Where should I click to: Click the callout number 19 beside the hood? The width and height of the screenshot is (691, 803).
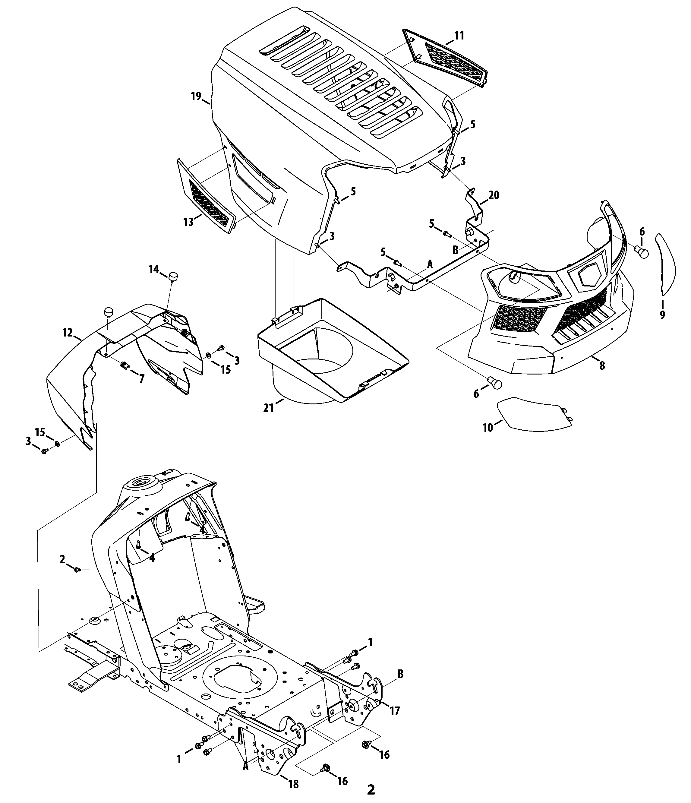(x=196, y=96)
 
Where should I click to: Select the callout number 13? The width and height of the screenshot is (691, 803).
(x=188, y=222)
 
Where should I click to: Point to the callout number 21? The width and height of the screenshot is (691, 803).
(x=269, y=407)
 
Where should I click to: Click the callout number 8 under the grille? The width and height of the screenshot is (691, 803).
(x=602, y=365)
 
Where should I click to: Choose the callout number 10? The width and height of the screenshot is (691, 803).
(x=487, y=428)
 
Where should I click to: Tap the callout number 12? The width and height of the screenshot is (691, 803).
(x=68, y=332)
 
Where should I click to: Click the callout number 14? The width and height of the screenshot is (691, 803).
(x=154, y=269)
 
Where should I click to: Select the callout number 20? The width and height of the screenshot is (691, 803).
(x=494, y=195)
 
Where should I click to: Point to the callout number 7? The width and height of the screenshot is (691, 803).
(x=142, y=379)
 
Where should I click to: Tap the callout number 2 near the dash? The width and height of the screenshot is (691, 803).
(x=62, y=559)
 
